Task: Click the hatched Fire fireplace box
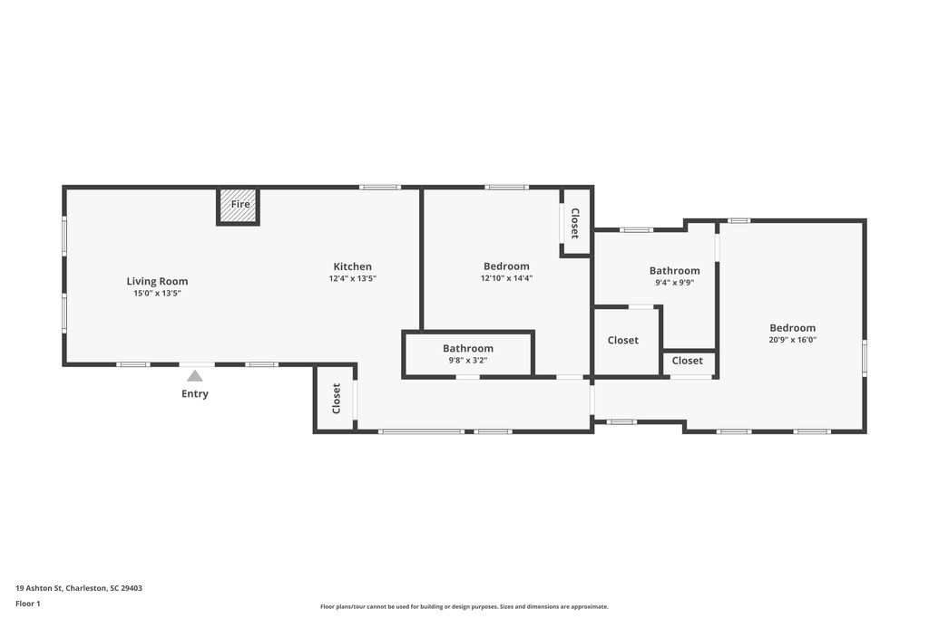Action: click(x=239, y=206)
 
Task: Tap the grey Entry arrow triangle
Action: click(x=195, y=375)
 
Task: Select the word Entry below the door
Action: click(x=195, y=394)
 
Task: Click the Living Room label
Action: click(x=157, y=281)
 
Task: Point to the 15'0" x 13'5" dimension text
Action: click(x=157, y=294)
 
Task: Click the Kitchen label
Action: click(x=352, y=266)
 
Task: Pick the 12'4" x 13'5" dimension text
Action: click(x=352, y=279)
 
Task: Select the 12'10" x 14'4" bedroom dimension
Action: click(x=506, y=279)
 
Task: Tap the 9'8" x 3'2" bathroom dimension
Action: click(x=468, y=361)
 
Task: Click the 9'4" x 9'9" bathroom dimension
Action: click(x=674, y=283)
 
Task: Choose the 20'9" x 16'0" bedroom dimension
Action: click(x=792, y=341)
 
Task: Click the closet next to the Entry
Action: click(x=335, y=399)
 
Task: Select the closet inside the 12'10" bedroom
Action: click(x=575, y=223)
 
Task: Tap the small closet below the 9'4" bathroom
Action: click(x=688, y=361)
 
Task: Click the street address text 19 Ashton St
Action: click(x=78, y=588)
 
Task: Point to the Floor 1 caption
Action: click(x=28, y=604)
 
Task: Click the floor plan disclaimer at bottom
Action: click(x=464, y=607)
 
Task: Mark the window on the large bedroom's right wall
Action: click(x=864, y=357)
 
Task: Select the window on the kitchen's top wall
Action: click(x=379, y=188)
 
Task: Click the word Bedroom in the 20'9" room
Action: click(x=792, y=328)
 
